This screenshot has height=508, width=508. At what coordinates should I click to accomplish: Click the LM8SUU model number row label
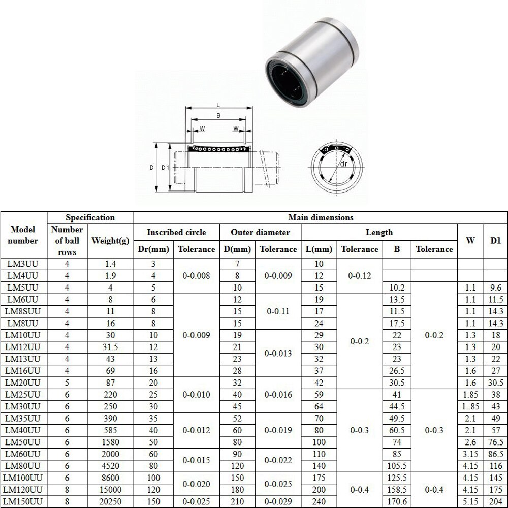click(x=24, y=311)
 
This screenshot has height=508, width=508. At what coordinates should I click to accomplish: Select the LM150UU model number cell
click(x=24, y=502)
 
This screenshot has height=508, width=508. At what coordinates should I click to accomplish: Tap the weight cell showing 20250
click(x=110, y=502)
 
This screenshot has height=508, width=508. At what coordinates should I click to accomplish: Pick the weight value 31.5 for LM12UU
click(x=110, y=347)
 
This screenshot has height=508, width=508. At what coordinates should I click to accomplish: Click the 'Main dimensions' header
click(x=320, y=217)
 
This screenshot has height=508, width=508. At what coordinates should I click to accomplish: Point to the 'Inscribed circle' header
click(x=176, y=232)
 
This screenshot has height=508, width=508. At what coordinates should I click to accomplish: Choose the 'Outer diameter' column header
click(x=260, y=232)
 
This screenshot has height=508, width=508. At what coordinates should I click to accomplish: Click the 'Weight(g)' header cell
click(x=110, y=241)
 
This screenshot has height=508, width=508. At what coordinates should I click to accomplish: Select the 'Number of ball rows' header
click(x=67, y=241)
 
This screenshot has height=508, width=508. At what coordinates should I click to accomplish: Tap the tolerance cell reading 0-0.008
click(x=196, y=276)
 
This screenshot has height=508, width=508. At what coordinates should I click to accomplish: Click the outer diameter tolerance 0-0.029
click(x=278, y=502)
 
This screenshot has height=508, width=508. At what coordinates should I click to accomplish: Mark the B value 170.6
click(x=396, y=502)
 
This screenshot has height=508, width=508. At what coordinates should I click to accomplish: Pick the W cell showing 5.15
click(x=470, y=502)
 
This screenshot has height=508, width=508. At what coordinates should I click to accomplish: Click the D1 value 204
click(x=495, y=502)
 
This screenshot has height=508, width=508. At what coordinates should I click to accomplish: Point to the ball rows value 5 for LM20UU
click(x=67, y=383)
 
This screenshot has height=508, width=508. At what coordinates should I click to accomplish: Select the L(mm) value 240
click(x=319, y=502)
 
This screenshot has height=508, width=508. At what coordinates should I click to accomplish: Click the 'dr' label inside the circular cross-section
click(x=344, y=164)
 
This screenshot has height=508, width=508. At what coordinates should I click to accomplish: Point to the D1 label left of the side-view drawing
click(x=164, y=167)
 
